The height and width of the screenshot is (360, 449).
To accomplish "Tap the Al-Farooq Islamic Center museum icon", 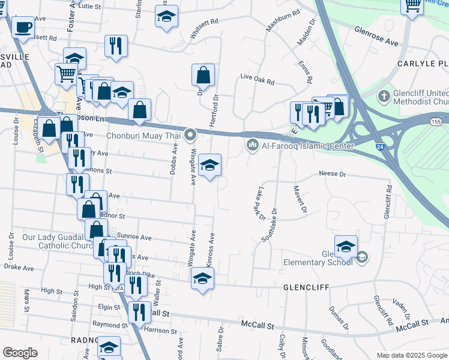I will pos(252,145).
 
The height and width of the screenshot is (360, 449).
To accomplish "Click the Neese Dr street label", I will pos(333,173).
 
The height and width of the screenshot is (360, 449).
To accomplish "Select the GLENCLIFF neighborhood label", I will pos(306,287).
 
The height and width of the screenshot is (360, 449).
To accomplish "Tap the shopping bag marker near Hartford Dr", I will pos(203,75).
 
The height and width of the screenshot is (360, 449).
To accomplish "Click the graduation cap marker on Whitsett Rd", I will pos(166,16).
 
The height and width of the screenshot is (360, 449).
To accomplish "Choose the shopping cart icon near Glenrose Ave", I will pos(412,6).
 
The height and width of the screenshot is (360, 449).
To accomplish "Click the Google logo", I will pos(20,353).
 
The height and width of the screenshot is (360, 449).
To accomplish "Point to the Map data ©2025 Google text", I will pos(411,355).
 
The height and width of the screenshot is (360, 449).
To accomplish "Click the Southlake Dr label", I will pos(268,225).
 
